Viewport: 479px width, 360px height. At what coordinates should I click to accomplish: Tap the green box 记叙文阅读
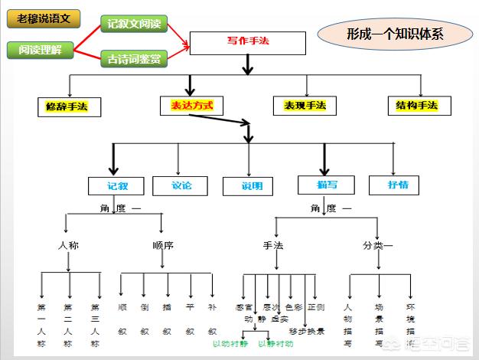134,23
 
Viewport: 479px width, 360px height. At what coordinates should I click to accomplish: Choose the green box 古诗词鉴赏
134,58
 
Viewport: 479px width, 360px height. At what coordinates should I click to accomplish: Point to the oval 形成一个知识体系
395,34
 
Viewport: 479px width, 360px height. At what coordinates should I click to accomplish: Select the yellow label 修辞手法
69,106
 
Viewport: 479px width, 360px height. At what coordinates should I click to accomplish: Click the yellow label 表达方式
187,106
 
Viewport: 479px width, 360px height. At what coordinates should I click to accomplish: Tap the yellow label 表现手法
305,106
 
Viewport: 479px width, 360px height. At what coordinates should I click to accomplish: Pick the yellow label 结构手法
417,106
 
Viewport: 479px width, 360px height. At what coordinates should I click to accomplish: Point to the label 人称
69,246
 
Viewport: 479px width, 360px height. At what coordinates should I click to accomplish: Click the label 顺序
163,246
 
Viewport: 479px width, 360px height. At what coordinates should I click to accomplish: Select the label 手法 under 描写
273,246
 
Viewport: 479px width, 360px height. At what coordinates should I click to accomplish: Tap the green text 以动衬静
230,344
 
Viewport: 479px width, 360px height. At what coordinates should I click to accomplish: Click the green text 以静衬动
275,344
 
